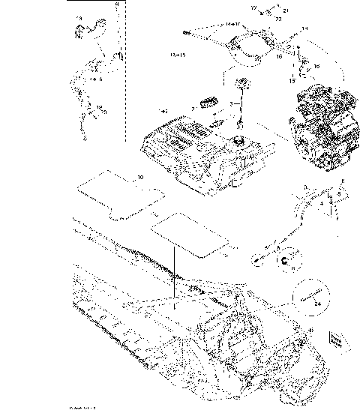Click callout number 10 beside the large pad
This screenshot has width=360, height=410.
click(x=139, y=178)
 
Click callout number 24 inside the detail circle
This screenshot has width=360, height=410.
click(x=318, y=304)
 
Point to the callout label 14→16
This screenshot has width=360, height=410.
click(x=212, y=25)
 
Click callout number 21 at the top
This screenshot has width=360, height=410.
click(x=285, y=10)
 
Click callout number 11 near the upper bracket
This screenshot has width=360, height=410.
click(x=304, y=29)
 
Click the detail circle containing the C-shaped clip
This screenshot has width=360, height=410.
click(x=285, y=260)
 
